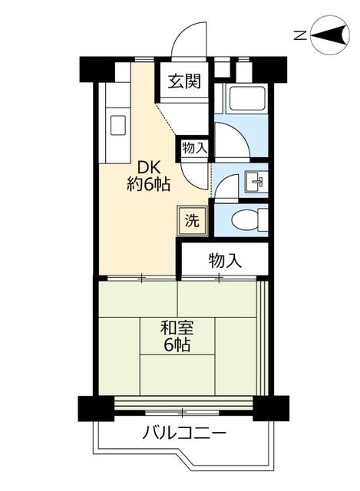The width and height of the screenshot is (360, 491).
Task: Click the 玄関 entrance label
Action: [x=184, y=81]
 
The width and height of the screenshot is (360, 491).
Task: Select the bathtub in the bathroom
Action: [x=246, y=98]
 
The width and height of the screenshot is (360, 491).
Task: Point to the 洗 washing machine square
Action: [x=192, y=221]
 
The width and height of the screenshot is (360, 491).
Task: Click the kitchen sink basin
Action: [x=117, y=125]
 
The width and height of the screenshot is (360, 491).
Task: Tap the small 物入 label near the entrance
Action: [x=194, y=148]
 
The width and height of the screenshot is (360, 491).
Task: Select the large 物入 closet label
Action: [x=225, y=261]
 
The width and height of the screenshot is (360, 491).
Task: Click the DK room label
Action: [x=149, y=167]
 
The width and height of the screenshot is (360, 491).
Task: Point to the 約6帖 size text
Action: [x=148, y=184]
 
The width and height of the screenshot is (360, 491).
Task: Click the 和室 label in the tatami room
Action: [x=177, y=328]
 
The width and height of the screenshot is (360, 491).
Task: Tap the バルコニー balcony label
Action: [x=184, y=433]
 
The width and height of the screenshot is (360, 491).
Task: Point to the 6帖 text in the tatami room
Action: [x=177, y=344]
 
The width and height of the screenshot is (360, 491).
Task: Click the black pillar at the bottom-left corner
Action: [x=96, y=408]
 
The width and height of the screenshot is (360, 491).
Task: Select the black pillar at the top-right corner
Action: [x=269, y=70]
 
